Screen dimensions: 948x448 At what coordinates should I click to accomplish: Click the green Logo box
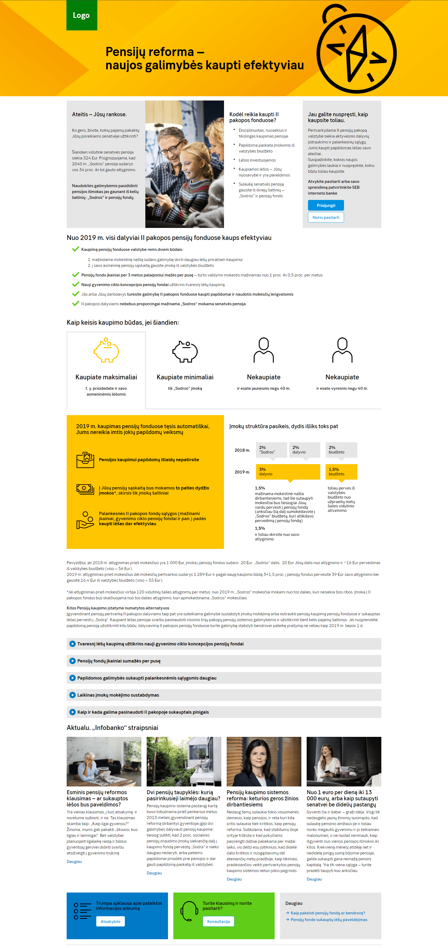82,15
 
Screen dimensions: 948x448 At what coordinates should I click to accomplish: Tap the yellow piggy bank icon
106,350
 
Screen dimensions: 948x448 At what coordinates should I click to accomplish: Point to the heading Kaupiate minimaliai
185,377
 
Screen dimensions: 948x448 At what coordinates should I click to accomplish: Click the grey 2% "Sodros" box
271,450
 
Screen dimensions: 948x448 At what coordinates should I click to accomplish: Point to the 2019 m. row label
242,472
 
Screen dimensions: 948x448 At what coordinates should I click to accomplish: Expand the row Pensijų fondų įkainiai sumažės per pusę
119,661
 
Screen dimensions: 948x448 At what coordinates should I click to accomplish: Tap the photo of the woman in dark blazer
264,761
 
